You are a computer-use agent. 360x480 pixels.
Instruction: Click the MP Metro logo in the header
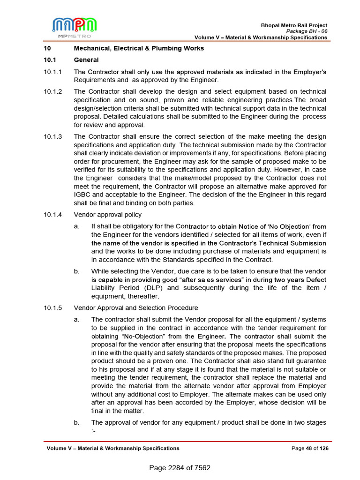coord(75,27)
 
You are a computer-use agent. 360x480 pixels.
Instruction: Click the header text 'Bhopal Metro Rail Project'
coord(294,25)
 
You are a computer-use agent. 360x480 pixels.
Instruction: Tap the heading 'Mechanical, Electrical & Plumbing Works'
coord(139,48)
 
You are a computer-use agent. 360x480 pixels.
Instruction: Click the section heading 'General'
coord(86,60)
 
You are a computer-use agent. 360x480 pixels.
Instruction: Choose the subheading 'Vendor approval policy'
coord(107,215)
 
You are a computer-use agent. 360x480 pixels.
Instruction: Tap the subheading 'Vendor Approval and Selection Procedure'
coord(136,308)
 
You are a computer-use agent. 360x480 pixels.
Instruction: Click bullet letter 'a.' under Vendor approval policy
coord(76,226)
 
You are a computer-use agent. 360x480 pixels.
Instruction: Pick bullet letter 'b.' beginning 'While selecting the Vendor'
coord(76,271)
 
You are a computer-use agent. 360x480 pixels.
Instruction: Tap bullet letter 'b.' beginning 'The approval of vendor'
coord(76,423)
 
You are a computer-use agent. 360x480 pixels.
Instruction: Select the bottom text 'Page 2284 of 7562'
coord(180,468)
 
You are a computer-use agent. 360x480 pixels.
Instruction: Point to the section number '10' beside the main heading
coord(47,48)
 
